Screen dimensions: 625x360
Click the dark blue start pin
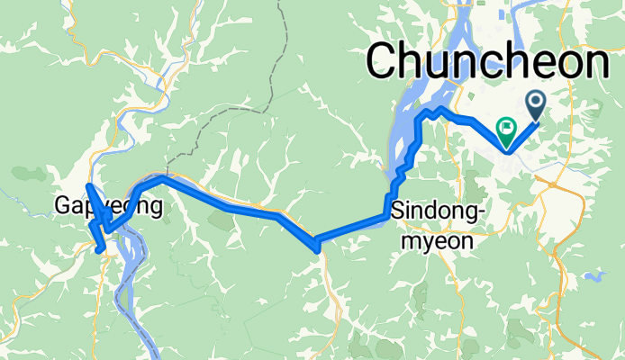[x=535, y=104]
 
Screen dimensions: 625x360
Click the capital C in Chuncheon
[x=384, y=64]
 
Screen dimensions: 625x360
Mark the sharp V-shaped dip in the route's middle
[x=316, y=244]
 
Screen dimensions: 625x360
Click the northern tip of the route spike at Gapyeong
[x=87, y=185]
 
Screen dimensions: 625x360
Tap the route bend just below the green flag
[x=510, y=150]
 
